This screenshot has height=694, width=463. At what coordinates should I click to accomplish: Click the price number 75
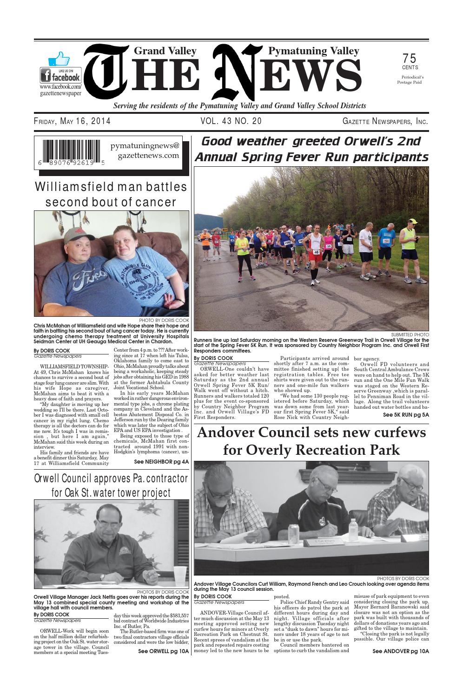pyautogui.click(x=409, y=59)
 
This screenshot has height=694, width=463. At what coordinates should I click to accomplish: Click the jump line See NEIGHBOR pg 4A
pyautogui.click(x=161, y=462)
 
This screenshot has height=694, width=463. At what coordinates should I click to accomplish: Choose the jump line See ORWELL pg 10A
pyautogui.click(x=164, y=651)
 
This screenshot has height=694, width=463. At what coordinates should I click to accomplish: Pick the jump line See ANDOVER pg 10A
pyautogui.click(x=400, y=651)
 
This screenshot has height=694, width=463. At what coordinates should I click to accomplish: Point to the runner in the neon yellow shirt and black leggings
pyautogui.click(x=244, y=253)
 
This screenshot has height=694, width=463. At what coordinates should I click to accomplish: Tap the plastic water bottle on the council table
pyautogui.click(x=353, y=528)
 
